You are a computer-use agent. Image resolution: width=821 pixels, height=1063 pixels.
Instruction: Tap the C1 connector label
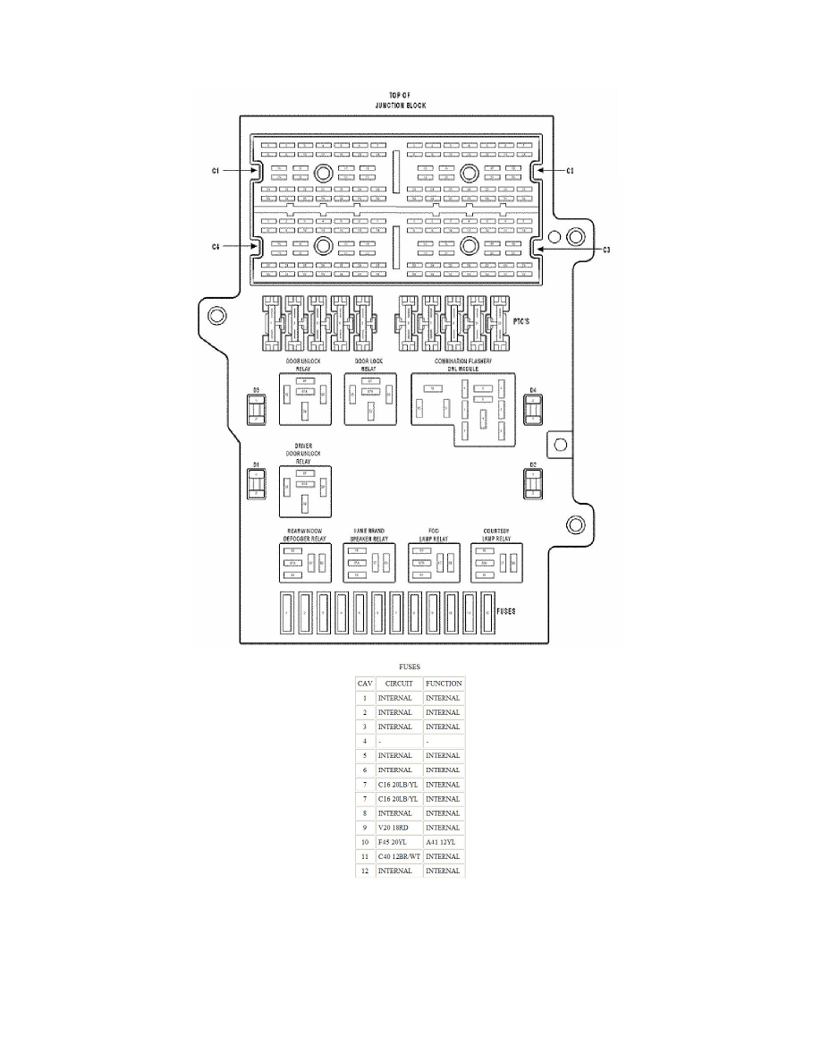click(x=216, y=170)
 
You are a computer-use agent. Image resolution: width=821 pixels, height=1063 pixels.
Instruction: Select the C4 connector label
click(x=216, y=247)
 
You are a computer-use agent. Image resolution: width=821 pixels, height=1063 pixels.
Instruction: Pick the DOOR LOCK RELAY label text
click(x=368, y=364)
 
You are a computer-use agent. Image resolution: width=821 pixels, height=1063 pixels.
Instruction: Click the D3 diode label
click(x=256, y=390)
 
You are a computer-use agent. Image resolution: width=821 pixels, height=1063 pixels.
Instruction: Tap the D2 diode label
click(x=532, y=465)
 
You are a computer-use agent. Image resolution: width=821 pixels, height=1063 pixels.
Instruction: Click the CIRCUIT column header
click(x=394, y=684)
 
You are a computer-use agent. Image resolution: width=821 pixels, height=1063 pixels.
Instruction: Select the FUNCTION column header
click(x=444, y=684)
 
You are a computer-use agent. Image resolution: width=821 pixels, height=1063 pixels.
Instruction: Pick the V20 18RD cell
click(x=394, y=828)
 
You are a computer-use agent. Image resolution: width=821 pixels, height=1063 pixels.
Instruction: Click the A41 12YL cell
click(x=443, y=842)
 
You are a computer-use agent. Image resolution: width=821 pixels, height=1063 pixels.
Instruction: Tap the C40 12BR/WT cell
click(x=398, y=856)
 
